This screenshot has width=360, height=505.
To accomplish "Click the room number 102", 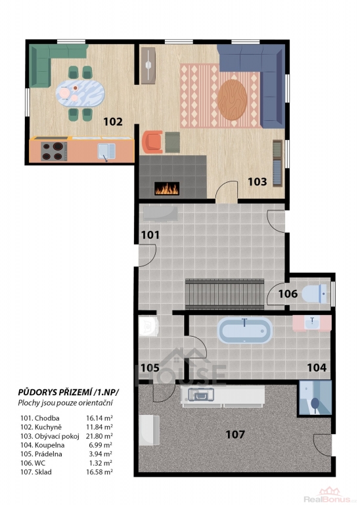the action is pyautogui.click(x=113, y=122).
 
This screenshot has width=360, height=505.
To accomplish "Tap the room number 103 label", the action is pyautogui.click(x=258, y=181).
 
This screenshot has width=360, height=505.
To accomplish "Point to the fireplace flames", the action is pyautogui.click(x=167, y=189).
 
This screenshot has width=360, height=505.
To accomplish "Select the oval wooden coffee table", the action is pyautogui.click(x=232, y=99).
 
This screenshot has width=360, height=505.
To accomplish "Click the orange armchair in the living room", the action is pyautogui.click(x=152, y=141).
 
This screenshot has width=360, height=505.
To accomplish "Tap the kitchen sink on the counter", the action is pyautogui.click(x=106, y=151).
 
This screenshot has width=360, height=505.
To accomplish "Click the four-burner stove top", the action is pyautogui.click(x=54, y=151).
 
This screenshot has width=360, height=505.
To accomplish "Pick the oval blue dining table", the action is pyautogui.click(x=80, y=93).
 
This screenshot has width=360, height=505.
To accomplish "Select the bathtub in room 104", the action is pyautogui.click(x=245, y=331).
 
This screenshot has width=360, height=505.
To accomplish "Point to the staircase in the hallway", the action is pyautogui.click(x=225, y=295).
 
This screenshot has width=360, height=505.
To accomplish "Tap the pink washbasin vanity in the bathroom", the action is pyautogui.click(x=312, y=323).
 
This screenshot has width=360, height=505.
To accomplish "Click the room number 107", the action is pyautogui.click(x=235, y=435).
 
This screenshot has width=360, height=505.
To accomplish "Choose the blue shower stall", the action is pyautogui.click(x=315, y=398).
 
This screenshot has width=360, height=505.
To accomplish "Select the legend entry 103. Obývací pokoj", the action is pyautogui.click(x=50, y=437).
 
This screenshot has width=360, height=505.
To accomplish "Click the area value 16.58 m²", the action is pyautogui.click(x=99, y=472).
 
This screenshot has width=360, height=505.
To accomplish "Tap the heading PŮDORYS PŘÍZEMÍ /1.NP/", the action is pyautogui.click(x=68, y=393).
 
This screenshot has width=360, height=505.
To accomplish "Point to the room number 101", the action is pyautogui.click(x=150, y=235).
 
